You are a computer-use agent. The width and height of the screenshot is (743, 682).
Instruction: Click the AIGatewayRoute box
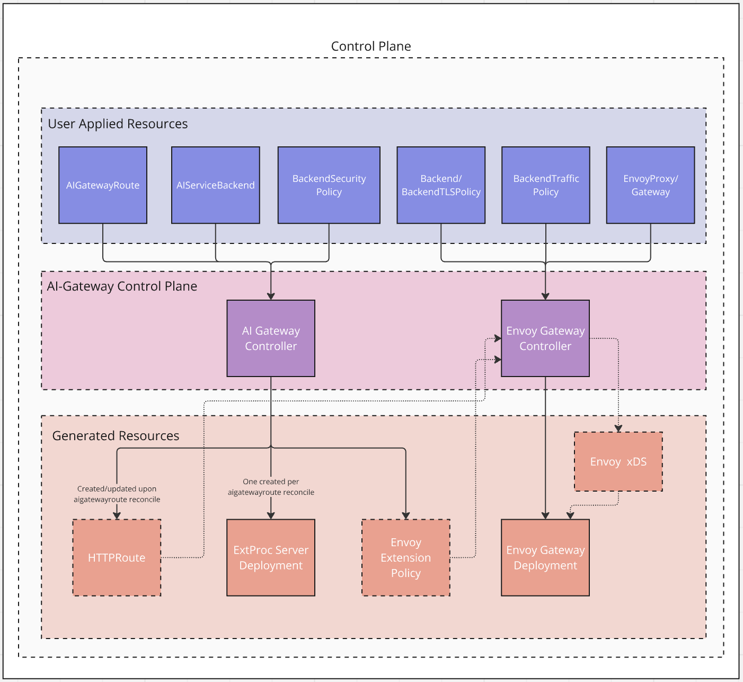pos(103,185)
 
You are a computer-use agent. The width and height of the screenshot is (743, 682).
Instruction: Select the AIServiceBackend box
pos(215,185)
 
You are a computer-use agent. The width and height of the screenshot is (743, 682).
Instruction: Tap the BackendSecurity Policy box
pos(329,185)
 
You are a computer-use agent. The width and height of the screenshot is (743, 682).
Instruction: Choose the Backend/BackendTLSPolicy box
pos(441,185)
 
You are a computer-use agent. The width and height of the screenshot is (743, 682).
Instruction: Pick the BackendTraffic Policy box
pos(545,185)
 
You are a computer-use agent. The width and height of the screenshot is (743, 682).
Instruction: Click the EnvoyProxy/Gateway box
pos(650,185)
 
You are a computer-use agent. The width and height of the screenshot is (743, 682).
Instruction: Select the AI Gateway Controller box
pos(271,338)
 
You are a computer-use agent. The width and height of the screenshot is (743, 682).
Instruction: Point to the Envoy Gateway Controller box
pos(545,338)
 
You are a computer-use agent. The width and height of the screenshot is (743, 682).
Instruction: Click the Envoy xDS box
pos(618,461)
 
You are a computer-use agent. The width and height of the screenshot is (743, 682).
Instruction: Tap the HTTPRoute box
pos(117,557)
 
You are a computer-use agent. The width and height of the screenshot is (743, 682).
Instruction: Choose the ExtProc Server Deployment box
pos(271,557)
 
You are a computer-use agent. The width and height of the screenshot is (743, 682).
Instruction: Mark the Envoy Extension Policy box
pos(406,557)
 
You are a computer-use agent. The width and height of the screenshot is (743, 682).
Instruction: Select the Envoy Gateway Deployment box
pos(545,557)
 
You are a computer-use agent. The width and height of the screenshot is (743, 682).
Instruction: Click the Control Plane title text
pos(371,46)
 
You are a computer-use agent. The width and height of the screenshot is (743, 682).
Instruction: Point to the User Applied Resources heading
pos(118,124)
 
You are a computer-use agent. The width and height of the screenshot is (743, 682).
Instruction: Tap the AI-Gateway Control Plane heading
pos(122,286)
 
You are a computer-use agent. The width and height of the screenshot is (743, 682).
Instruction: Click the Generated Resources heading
pos(116,436)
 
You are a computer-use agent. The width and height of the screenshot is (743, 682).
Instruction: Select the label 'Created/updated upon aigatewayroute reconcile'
pos(117,494)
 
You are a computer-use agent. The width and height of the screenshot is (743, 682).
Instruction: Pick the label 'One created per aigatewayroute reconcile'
pos(271,487)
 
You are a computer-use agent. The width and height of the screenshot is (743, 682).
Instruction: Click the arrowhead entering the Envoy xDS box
pos(618,429)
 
